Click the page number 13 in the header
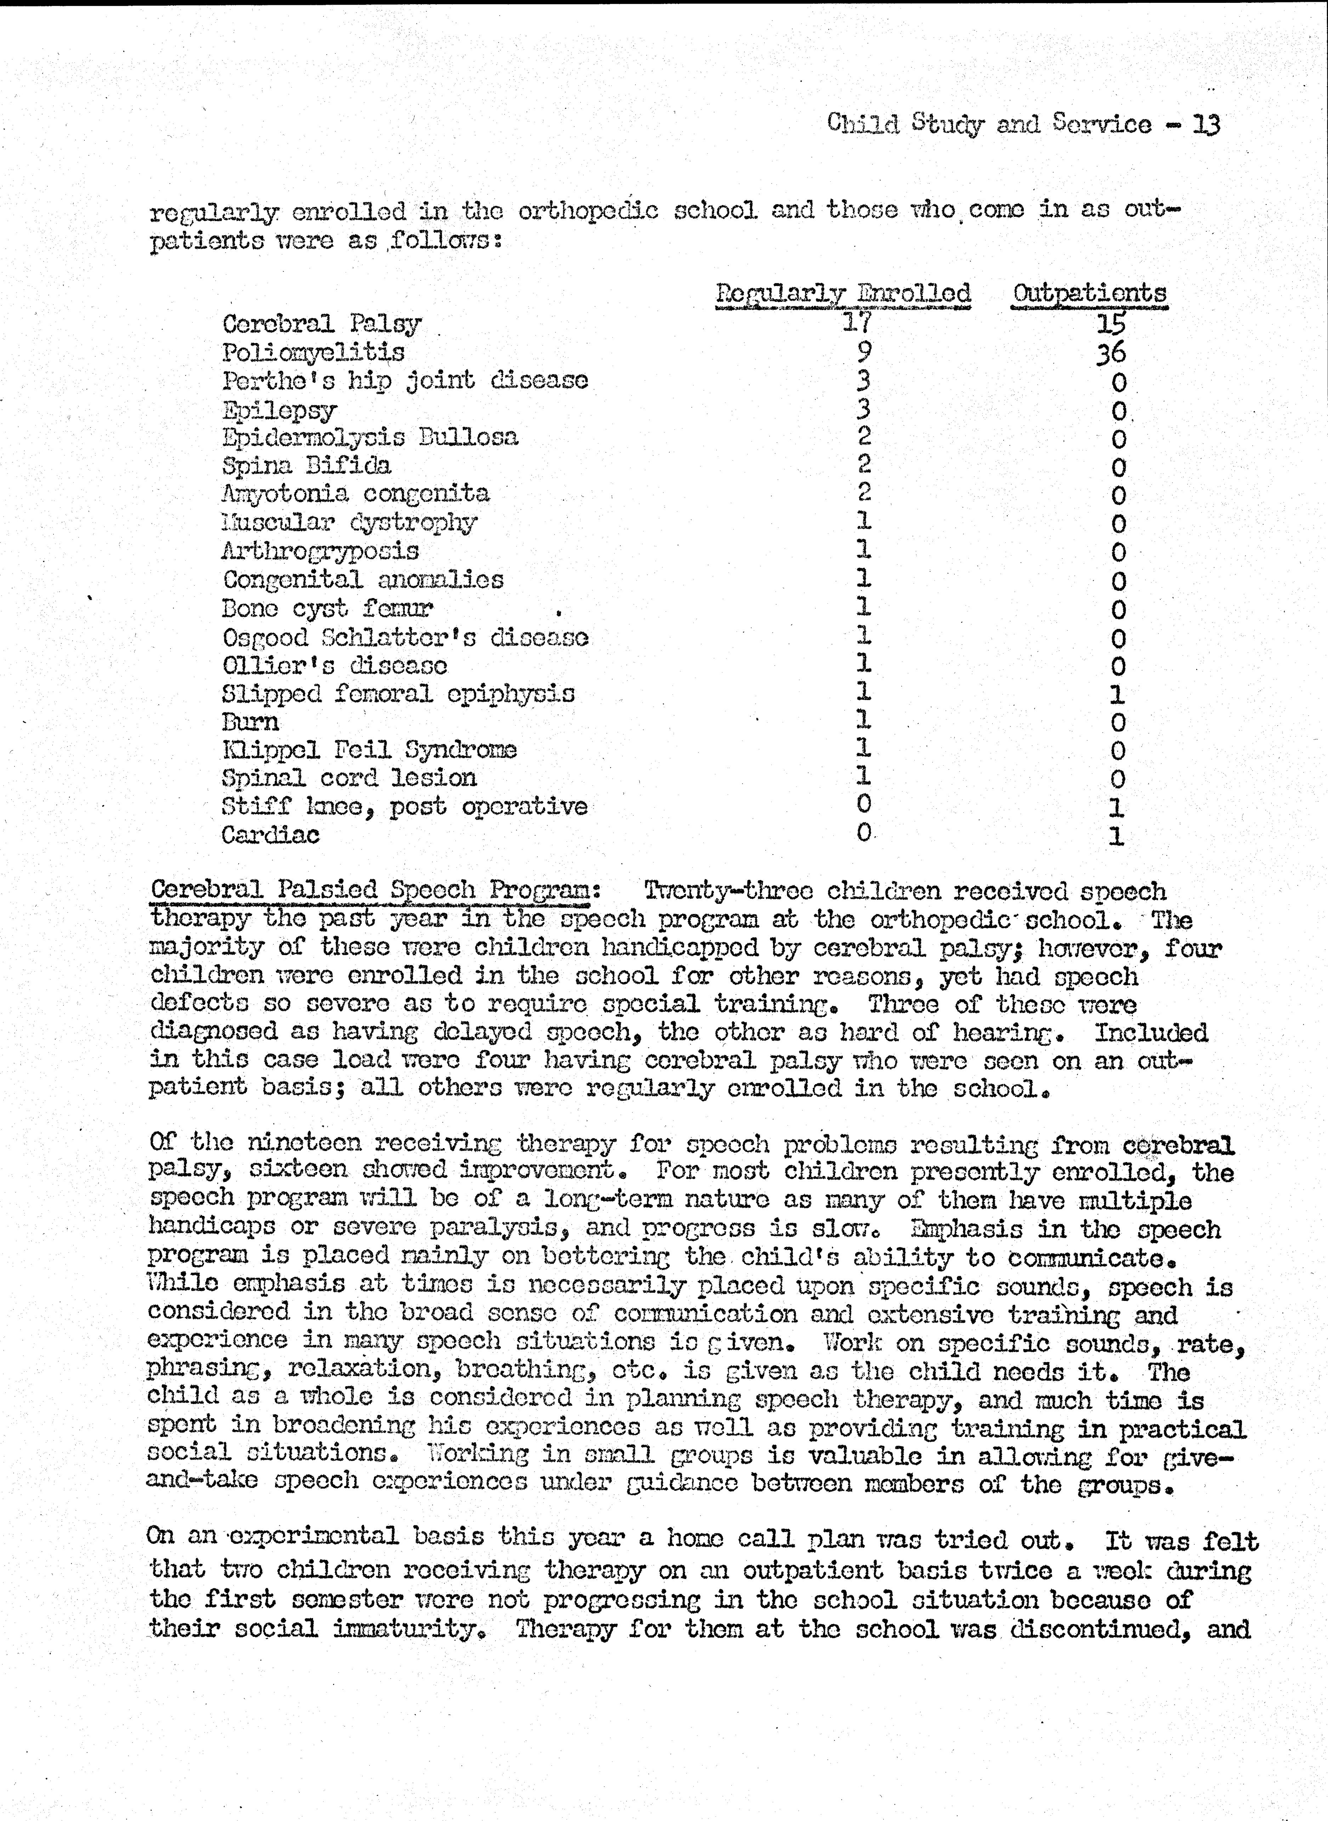(x=1206, y=125)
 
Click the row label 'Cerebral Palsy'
(x=322, y=324)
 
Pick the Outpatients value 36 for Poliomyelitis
(x=1111, y=353)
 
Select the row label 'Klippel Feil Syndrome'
(x=369, y=750)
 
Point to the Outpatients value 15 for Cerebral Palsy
(x=1111, y=324)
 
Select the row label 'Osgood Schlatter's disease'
(x=405, y=638)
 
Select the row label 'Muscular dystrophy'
(x=349, y=523)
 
